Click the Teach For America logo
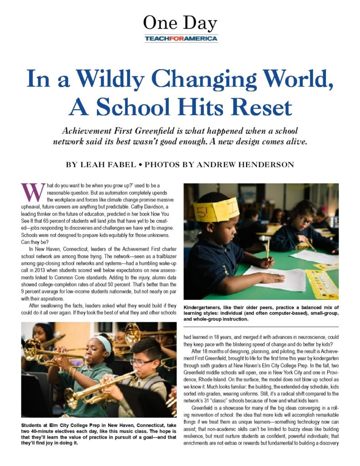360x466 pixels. click(x=181, y=39)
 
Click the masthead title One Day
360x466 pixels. click(x=180, y=23)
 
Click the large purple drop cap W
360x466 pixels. click(x=30, y=192)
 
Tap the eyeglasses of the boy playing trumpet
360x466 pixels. click(x=142, y=362)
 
